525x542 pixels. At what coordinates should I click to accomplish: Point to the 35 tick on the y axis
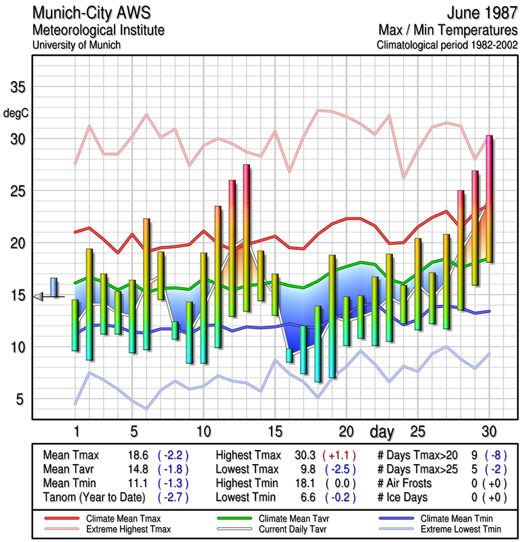click(x=17, y=87)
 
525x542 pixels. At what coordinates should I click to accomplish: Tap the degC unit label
click(x=16, y=112)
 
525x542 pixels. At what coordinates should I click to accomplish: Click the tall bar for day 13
click(x=247, y=237)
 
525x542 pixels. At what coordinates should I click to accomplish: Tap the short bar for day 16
click(x=289, y=355)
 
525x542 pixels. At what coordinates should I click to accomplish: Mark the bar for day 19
click(x=332, y=316)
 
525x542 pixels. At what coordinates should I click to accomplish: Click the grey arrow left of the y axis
click(x=39, y=296)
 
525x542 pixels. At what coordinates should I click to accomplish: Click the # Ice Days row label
click(x=405, y=498)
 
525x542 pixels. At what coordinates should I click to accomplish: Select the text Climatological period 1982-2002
click(x=446, y=45)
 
